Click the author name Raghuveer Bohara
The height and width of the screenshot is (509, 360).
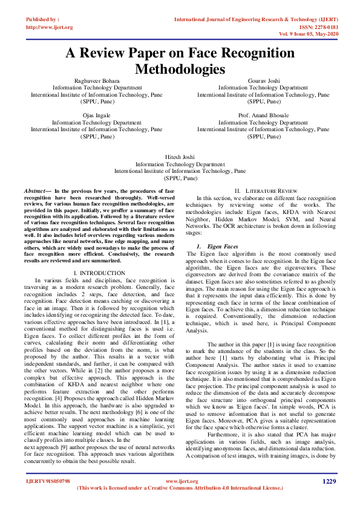[x=97, y=80]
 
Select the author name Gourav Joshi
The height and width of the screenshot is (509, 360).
[x=263, y=80]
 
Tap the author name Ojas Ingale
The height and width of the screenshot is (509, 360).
[x=97, y=115]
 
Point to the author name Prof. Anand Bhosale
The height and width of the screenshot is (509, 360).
[x=263, y=115]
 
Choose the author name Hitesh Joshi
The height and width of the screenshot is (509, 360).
[x=180, y=157]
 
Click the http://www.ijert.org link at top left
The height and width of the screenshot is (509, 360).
[x=50, y=28]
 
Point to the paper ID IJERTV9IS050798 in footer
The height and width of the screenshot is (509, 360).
[x=48, y=482]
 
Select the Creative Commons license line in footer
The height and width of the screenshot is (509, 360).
[x=180, y=488]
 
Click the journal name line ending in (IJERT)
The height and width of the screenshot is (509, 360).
[x=256, y=20]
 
